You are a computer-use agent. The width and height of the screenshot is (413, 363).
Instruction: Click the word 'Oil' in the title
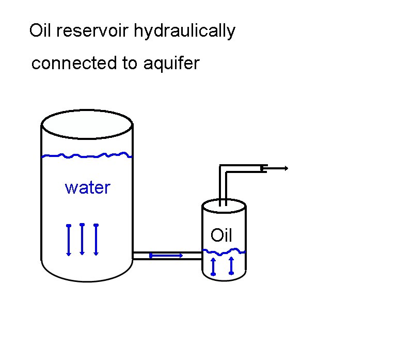click(41, 31)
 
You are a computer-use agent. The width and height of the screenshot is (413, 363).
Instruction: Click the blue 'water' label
click(87, 187)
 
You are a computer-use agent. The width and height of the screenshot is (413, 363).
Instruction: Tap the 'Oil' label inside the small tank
click(221, 236)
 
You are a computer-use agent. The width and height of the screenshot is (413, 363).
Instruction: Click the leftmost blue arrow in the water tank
click(69, 240)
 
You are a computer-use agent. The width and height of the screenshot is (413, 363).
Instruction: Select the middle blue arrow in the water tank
click(82, 239)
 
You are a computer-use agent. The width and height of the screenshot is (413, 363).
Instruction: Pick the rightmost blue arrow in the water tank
click(96, 240)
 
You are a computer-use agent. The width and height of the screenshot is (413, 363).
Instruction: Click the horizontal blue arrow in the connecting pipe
click(166, 255)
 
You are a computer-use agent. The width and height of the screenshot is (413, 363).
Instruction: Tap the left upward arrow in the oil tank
click(213, 266)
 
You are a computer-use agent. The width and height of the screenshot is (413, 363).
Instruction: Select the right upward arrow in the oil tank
click(231, 265)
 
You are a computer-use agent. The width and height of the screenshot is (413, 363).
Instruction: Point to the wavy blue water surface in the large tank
click(87, 155)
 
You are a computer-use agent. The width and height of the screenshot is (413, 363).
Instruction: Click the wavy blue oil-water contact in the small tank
click(223, 251)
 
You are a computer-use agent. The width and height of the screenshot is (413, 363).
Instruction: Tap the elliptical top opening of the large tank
click(87, 123)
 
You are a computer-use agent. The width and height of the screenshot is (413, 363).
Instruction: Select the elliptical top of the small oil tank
click(223, 207)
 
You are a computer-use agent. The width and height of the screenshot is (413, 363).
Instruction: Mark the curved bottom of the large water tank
click(87, 279)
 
